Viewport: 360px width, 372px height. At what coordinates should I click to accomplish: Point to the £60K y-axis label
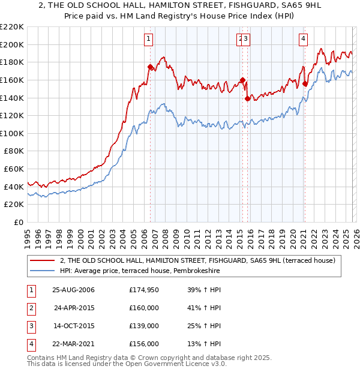click(14, 169)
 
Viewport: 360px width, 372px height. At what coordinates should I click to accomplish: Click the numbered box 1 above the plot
click(148, 40)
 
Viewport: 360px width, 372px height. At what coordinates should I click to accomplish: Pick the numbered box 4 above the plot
click(304, 40)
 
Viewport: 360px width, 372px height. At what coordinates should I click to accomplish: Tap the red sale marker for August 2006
click(150, 67)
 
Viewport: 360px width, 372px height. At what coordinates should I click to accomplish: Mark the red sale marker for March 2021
click(305, 83)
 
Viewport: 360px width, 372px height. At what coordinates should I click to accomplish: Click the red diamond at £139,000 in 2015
click(247, 99)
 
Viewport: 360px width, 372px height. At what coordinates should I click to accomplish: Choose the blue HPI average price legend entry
click(140, 271)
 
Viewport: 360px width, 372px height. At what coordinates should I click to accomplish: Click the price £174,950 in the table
click(145, 290)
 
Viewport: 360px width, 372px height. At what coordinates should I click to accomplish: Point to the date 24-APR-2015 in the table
click(74, 308)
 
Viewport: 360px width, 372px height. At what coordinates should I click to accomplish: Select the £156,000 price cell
click(145, 344)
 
